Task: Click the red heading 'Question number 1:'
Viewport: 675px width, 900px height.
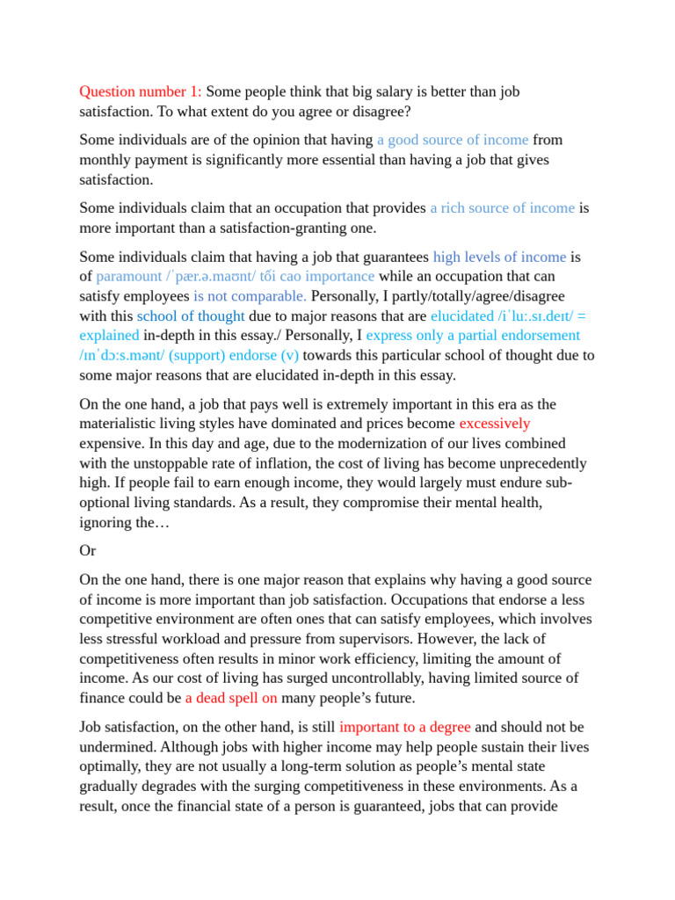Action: [x=141, y=91]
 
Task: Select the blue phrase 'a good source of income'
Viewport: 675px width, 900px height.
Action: [x=453, y=140]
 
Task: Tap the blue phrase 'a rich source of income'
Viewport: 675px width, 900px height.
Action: [x=502, y=208]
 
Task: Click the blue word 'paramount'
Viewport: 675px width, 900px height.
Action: [x=131, y=277]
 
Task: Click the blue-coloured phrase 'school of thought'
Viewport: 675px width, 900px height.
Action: [x=191, y=316]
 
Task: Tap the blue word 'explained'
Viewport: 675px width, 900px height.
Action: [x=109, y=335]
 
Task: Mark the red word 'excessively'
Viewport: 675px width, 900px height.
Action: [x=495, y=424]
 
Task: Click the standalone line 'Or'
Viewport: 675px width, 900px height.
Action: [x=88, y=551]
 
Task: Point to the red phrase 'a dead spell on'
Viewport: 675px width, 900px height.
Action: [x=231, y=698]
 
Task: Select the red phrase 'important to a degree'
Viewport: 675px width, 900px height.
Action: [x=405, y=728]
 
